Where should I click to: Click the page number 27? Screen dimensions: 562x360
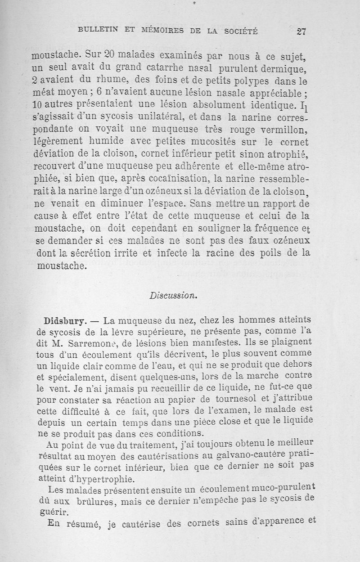point(301,31)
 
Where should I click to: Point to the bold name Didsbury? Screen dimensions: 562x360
point(65,321)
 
